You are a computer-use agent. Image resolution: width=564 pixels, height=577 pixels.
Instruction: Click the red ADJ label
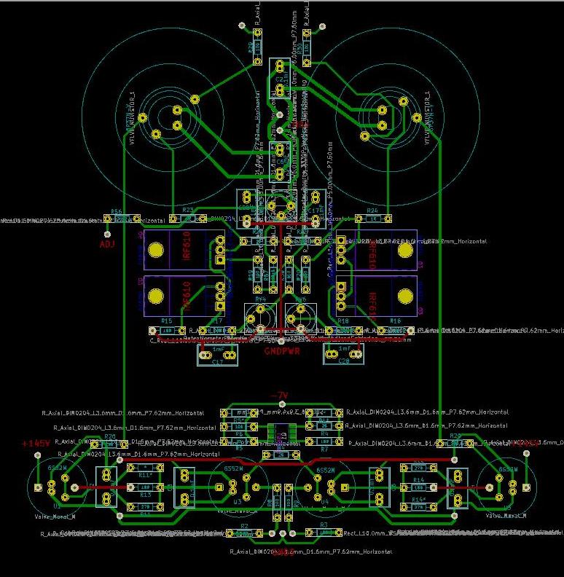(107, 244)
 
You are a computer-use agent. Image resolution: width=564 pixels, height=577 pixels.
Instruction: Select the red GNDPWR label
(281, 350)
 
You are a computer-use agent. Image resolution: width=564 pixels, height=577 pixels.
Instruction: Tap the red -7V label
(279, 396)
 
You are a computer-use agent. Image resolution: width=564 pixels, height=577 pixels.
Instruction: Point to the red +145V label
(36, 444)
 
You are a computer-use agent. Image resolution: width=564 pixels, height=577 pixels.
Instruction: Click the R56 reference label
(116, 211)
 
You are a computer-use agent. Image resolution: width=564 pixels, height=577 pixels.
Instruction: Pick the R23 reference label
(187, 211)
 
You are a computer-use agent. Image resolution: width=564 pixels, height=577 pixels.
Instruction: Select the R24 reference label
(372, 211)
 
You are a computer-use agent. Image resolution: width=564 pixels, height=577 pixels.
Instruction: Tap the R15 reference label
(166, 321)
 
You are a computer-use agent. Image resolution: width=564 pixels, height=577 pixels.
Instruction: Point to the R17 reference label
(216, 321)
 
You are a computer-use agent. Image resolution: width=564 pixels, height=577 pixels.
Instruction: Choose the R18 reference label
(343, 321)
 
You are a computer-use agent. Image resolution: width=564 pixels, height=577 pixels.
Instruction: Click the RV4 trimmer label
(260, 299)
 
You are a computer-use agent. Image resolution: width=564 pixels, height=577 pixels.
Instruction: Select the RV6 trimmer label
(300, 299)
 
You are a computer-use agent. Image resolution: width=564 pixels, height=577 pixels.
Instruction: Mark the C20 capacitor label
(343, 362)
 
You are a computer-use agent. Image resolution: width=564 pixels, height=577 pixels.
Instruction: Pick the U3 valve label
(237, 503)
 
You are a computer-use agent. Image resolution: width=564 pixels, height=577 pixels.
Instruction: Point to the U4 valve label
(325, 503)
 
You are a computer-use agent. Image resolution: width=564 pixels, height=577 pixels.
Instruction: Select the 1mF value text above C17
(217, 350)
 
